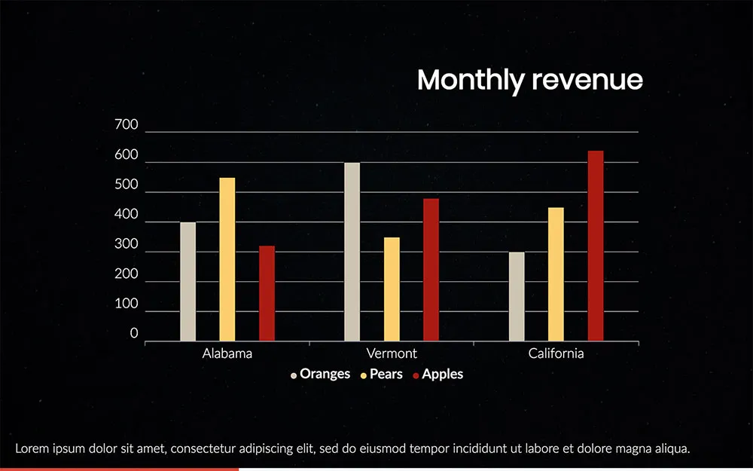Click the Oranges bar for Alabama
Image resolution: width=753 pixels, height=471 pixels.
[187, 281]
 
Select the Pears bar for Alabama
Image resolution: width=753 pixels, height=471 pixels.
[227, 259]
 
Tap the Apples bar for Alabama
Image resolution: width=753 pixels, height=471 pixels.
[267, 293]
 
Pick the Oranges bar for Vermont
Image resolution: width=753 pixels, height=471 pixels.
[352, 252]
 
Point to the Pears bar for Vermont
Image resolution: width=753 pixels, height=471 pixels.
[392, 289]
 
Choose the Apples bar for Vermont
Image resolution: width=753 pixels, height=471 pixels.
[431, 270]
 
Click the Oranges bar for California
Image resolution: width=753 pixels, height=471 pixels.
[517, 296]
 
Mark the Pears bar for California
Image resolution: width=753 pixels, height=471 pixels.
[556, 274]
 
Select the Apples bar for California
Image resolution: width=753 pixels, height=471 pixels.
[596, 246]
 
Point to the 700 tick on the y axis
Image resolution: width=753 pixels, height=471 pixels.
[127, 126]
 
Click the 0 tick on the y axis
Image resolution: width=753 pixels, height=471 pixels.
[134, 334]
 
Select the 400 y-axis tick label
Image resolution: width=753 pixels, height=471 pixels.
[127, 215]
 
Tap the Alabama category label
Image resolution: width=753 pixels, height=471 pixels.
[227, 353]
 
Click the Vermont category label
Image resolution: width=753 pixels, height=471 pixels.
[392, 353]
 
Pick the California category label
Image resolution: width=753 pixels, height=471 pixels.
[556, 353]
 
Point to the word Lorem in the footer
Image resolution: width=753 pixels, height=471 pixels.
[32, 449]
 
